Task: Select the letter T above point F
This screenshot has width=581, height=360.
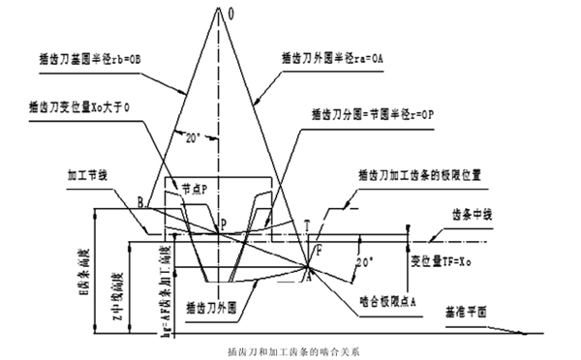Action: (x=306, y=225)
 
